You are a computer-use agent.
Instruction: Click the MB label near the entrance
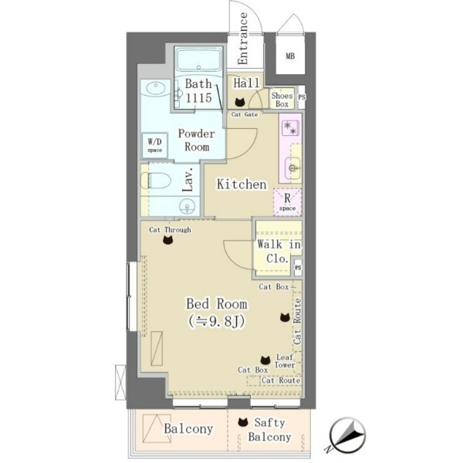[x=290, y=56]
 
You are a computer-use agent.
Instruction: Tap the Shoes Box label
[x=282, y=100]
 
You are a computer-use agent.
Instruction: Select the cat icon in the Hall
[x=239, y=102]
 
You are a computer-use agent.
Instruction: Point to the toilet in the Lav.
[x=156, y=181]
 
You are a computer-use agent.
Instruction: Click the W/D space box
[x=155, y=146]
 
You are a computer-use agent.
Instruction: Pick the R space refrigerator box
[x=287, y=202]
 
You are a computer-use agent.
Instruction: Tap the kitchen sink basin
[x=293, y=168]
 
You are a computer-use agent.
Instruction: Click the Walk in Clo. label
[x=278, y=252]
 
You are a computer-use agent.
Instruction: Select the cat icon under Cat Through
[x=167, y=240]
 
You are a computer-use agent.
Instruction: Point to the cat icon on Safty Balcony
[x=243, y=422]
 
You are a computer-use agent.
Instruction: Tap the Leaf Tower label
[x=284, y=361]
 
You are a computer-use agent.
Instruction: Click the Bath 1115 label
[x=198, y=90]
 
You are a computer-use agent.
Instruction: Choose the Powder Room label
[x=197, y=140]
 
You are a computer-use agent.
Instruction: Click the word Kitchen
[x=242, y=184]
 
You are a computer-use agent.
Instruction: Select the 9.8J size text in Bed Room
[x=216, y=322]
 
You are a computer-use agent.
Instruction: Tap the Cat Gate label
[x=245, y=114]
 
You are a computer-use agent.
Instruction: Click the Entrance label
[x=243, y=39]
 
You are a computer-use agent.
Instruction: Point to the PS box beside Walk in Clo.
[x=298, y=268]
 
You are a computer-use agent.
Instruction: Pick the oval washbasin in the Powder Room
[x=156, y=89]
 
